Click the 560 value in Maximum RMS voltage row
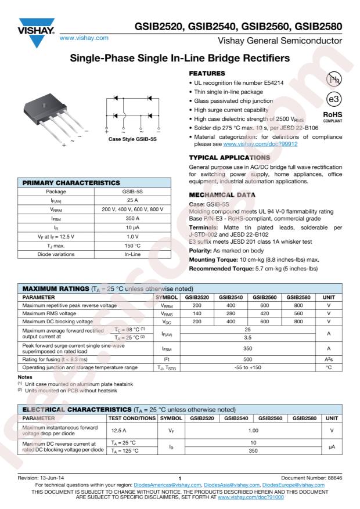click(x=298, y=312)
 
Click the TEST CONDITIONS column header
click(x=131, y=417)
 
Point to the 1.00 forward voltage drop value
click(x=247, y=430)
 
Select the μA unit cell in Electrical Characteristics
click(x=329, y=447)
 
